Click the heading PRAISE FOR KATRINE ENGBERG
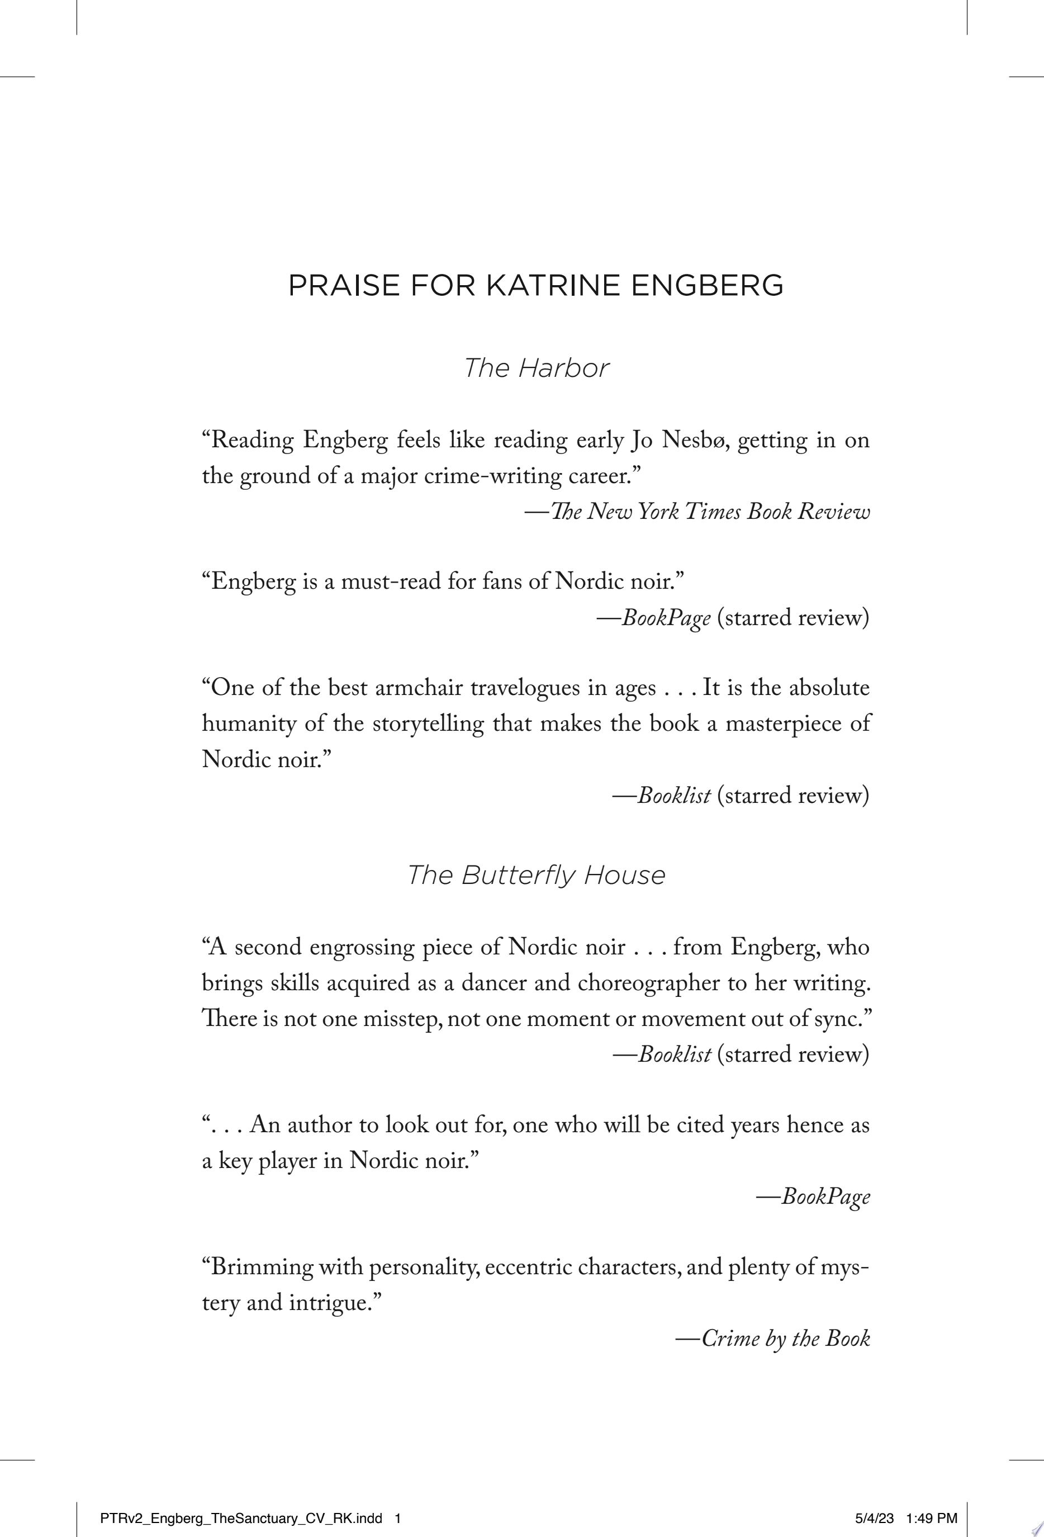tap(535, 286)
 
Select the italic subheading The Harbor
tap(535, 368)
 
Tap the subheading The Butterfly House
tap(535, 875)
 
